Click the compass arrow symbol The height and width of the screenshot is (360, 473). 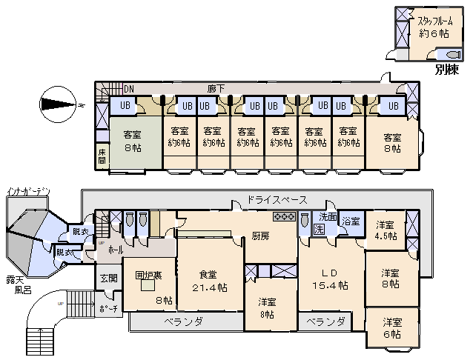60,104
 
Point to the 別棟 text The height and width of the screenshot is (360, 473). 447,71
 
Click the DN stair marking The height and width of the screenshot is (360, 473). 128,89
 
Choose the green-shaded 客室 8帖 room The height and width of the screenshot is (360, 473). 133,141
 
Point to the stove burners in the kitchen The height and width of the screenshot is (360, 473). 285,217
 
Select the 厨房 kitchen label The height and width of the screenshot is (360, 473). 260,236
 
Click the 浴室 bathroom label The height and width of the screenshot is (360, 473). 351,221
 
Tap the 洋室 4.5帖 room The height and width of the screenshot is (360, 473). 386,230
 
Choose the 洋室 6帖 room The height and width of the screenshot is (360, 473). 392,328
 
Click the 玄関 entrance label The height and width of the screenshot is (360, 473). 108,279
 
